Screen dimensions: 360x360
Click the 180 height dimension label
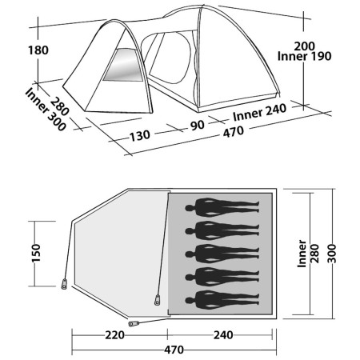click(x=15, y=50)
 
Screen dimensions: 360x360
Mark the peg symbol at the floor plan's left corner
click(x=64, y=285)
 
